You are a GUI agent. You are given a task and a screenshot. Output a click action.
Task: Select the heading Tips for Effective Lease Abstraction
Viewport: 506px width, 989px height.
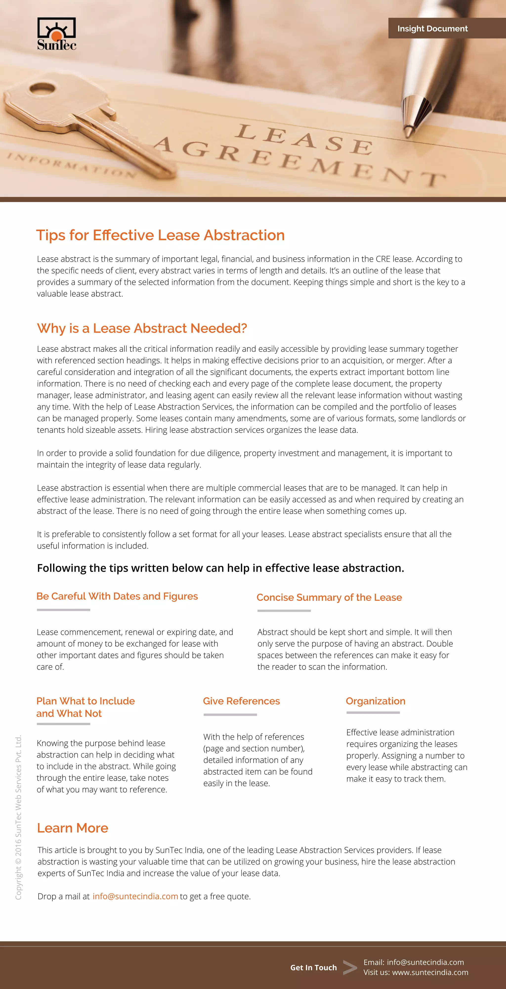[x=160, y=235]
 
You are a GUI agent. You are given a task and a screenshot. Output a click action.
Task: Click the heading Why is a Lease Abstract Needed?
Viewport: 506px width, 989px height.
[x=142, y=328]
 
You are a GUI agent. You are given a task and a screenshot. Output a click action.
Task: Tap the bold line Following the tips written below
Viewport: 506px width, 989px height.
[x=221, y=568]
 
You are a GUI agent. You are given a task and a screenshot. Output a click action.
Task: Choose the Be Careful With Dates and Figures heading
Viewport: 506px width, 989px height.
[x=117, y=596]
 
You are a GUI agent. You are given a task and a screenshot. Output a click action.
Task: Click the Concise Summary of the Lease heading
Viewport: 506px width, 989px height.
[x=329, y=597]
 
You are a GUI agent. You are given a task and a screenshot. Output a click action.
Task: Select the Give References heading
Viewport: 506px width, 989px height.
[x=241, y=701]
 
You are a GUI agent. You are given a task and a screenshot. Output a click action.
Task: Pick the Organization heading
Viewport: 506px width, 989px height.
[x=375, y=701]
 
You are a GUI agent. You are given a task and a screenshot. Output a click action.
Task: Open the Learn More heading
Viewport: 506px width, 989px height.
[x=72, y=828]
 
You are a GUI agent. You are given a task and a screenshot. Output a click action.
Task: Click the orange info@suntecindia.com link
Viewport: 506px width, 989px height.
[x=135, y=896]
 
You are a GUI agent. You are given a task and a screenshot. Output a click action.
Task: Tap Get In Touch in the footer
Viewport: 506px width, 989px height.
[x=314, y=967]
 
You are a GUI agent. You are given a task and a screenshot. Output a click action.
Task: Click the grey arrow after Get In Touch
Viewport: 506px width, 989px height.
[x=350, y=967]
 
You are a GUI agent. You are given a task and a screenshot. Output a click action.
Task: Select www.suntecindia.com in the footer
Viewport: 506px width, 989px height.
[x=430, y=972]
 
